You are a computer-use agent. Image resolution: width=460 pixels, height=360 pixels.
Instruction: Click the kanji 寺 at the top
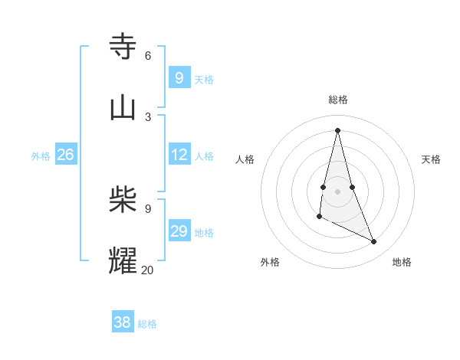pyautogui.click(x=123, y=46)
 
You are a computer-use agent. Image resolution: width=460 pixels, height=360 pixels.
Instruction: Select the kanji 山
pyautogui.click(x=123, y=107)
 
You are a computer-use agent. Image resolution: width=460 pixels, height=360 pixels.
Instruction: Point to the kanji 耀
pyautogui.click(x=123, y=260)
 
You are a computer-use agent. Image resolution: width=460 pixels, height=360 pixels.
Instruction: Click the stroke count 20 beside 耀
pyautogui.click(x=147, y=270)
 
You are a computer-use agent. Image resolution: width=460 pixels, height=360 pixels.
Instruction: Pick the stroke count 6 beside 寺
pyautogui.click(x=148, y=55)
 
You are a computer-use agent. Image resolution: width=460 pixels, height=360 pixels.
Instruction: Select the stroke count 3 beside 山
pyautogui.click(x=148, y=116)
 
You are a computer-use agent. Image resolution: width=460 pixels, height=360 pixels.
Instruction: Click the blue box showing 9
pyautogui.click(x=179, y=77)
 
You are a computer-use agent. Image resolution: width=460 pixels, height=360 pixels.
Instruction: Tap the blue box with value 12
pyautogui.click(x=179, y=155)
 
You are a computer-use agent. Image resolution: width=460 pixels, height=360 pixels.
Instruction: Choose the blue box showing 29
pyautogui.click(x=179, y=231)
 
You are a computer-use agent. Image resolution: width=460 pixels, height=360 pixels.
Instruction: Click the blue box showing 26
pyautogui.click(x=65, y=155)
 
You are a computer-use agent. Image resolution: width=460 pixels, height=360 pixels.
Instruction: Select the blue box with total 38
pyautogui.click(x=123, y=322)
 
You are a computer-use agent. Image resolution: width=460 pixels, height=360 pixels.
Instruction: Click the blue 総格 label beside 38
pyautogui.click(x=147, y=324)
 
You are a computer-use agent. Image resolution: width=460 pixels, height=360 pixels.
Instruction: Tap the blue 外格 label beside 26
pyautogui.click(x=41, y=156)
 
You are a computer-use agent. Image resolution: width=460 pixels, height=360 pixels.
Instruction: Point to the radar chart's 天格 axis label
pyautogui.click(x=431, y=159)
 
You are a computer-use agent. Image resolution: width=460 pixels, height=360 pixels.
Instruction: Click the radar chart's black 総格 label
pyautogui.click(x=338, y=100)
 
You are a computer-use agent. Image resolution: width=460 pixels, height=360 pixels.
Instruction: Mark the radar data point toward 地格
pyautogui.click(x=374, y=242)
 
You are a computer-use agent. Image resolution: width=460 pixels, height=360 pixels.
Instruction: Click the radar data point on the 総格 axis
pyautogui.click(x=337, y=130)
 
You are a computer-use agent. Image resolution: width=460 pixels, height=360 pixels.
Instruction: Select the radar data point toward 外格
pyautogui.click(x=319, y=218)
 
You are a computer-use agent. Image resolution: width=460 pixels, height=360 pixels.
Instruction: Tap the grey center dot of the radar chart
pyautogui.click(x=337, y=191)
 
